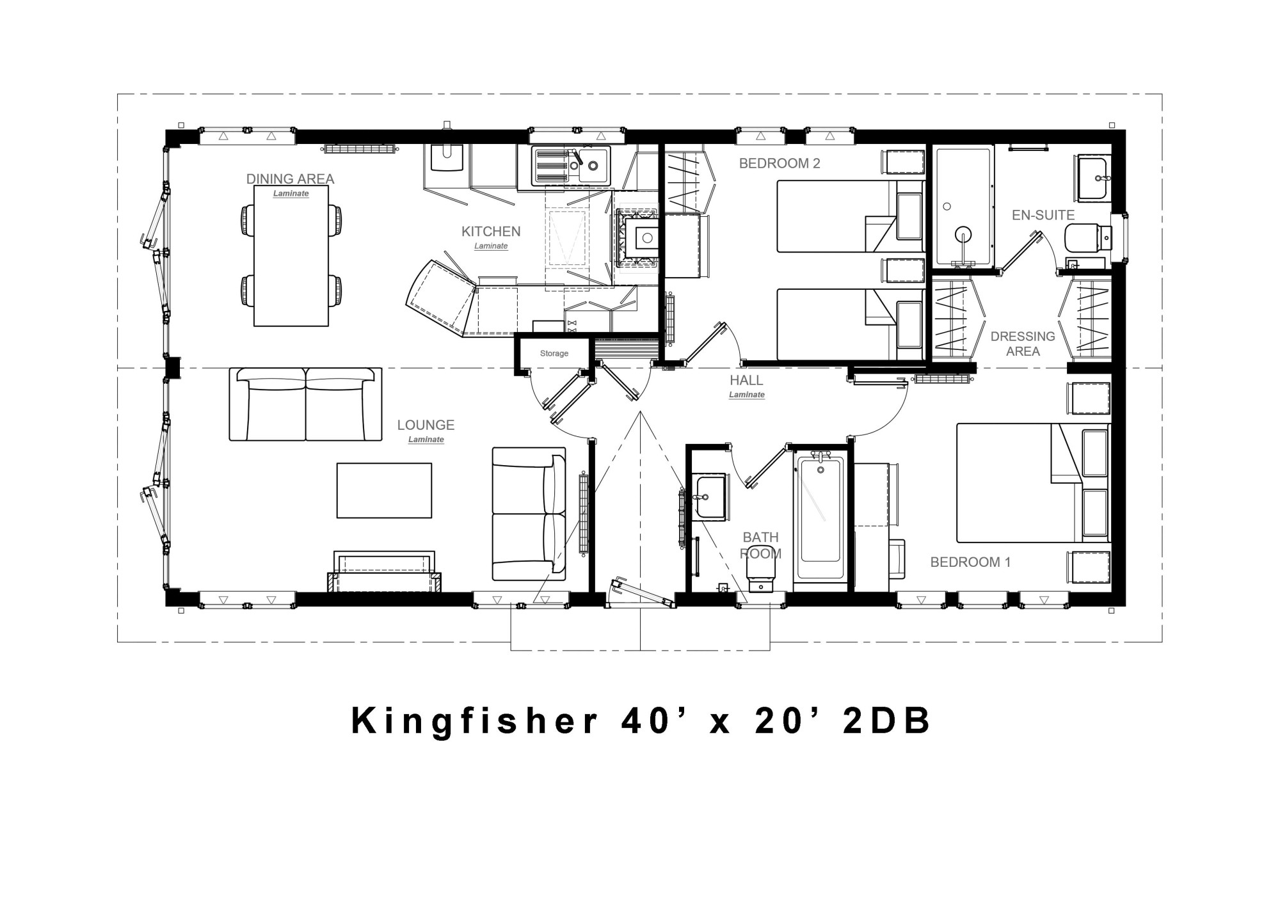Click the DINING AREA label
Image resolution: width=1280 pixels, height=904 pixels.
[x=291, y=179]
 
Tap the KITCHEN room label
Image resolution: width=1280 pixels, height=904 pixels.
[x=491, y=232]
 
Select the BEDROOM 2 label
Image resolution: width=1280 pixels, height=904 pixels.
[x=780, y=163]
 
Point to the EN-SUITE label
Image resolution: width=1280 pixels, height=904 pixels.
[x=1043, y=215]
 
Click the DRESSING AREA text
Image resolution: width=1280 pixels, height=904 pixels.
[x=1023, y=344]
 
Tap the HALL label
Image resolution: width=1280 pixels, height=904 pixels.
[x=746, y=380]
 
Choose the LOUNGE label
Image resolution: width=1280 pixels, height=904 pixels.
[x=426, y=425]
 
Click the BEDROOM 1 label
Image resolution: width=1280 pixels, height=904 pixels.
[x=970, y=562]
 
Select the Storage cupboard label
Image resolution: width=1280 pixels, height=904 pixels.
[x=554, y=353]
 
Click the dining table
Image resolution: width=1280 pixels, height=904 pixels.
[x=291, y=256]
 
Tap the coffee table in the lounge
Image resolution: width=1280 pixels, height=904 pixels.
[x=384, y=490]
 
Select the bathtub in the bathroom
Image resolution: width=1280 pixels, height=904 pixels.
[x=820, y=517]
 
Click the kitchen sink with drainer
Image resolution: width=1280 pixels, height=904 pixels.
[x=572, y=166]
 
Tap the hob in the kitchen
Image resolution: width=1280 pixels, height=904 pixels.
[x=636, y=238]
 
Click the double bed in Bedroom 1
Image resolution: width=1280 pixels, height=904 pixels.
[x=1033, y=483]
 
